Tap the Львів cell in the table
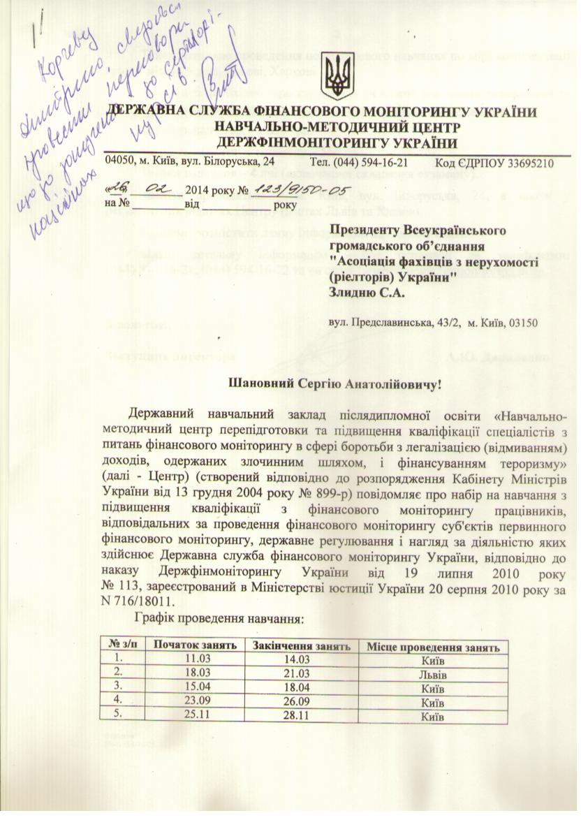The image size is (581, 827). coord(434,675)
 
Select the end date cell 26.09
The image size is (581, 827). coord(301,703)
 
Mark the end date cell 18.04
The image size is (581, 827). coord(301,689)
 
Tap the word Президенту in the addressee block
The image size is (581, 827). coord(367,230)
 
